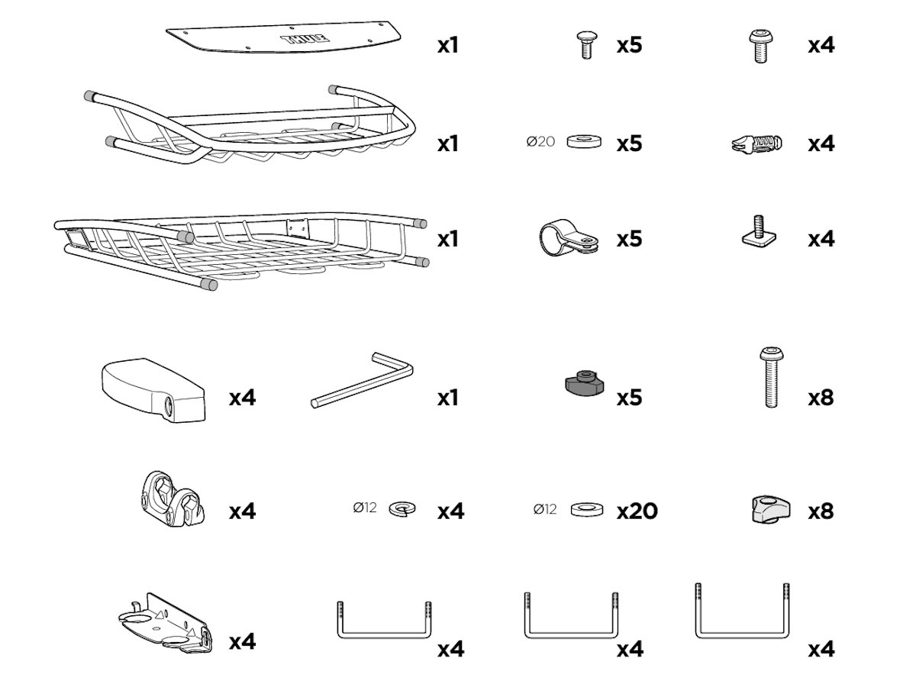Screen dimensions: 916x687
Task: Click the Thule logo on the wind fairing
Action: click(306, 39)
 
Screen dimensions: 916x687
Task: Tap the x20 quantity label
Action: click(637, 511)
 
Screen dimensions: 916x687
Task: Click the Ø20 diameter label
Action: click(540, 142)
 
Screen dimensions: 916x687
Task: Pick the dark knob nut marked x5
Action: click(585, 382)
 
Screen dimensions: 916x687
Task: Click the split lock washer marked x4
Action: click(402, 509)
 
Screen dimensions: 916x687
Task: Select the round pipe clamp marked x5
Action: click(569, 237)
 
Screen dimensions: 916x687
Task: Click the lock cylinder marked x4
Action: click(757, 144)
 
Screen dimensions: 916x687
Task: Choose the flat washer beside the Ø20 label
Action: click(584, 141)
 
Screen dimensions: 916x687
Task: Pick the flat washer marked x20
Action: click(587, 510)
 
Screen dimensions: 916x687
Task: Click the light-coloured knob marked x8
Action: click(771, 509)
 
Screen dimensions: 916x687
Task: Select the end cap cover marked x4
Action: click(153, 389)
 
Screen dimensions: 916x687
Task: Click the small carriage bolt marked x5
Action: click(587, 45)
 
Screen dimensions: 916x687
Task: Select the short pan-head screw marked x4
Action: click(760, 46)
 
